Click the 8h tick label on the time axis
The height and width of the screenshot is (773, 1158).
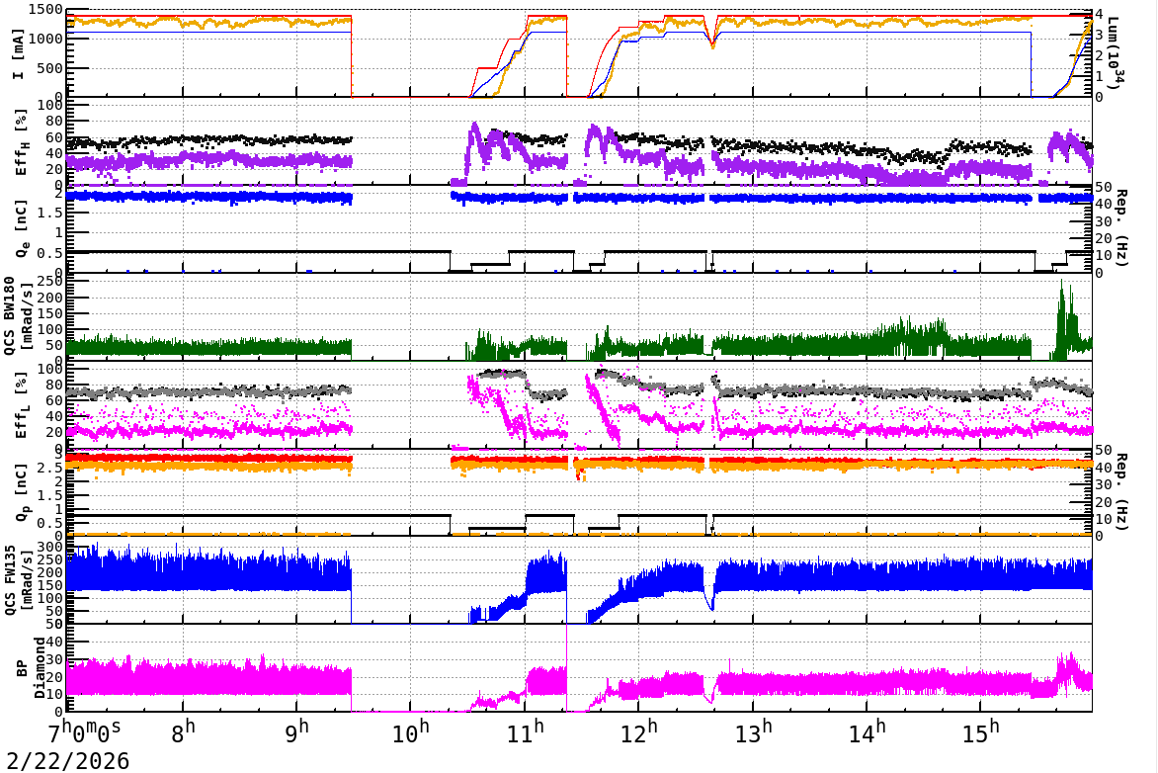(184, 734)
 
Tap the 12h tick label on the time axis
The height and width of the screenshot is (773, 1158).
(639, 734)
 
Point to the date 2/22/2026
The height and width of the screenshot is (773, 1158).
(64, 761)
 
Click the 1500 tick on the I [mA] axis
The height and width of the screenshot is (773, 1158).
(44, 10)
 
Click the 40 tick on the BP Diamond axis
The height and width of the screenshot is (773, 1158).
(54, 642)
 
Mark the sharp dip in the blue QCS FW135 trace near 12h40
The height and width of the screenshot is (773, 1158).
(710, 605)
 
